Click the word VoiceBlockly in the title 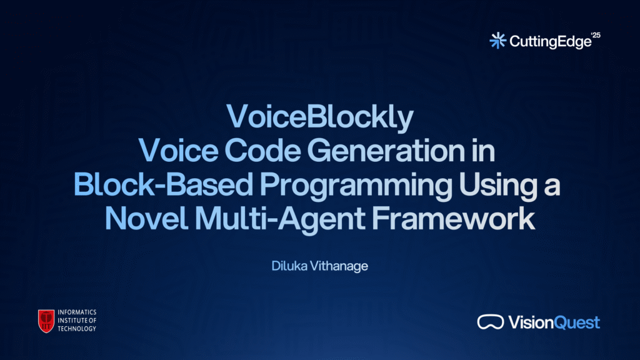click(320, 117)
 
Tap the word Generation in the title click(386, 151)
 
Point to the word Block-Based click(163, 184)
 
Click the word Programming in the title click(356, 186)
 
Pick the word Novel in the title click(146, 218)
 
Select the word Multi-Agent click(280, 220)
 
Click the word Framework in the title click(453, 218)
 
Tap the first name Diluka click(289, 266)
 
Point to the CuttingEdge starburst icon click(497, 41)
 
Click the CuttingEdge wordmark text click(550, 42)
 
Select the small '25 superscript click(596, 35)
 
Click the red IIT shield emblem click(46, 321)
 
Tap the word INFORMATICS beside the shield click(77, 312)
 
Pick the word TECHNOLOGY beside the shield click(77, 329)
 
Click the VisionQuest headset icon click(491, 322)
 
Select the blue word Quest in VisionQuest click(577, 322)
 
